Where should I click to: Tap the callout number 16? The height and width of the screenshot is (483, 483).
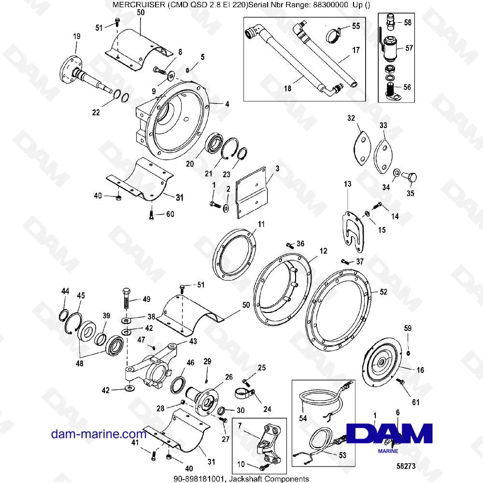[x=420, y=370]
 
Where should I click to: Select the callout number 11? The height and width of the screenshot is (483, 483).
[x=261, y=224]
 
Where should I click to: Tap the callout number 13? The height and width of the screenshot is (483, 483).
[x=348, y=185]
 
